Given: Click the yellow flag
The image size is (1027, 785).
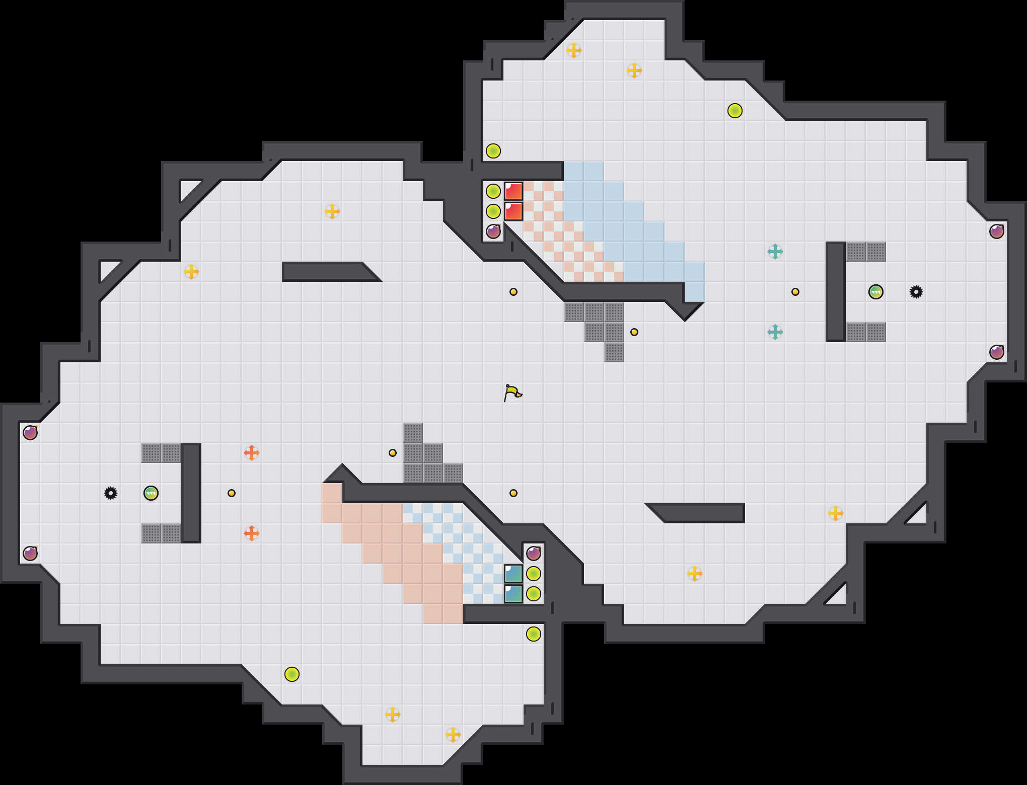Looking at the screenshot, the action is tap(512, 392).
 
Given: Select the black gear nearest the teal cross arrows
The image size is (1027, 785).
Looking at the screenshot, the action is tap(916, 292).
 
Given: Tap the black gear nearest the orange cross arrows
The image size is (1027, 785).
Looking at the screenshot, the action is tap(111, 493).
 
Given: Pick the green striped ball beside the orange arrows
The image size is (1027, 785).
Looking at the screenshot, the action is tap(151, 493).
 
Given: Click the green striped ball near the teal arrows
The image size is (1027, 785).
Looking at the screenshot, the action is tap(876, 292).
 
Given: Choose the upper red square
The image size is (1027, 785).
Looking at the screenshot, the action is tap(513, 191).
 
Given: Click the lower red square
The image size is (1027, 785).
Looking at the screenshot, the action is tap(513, 211).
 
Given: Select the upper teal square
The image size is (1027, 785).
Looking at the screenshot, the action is tap(513, 574).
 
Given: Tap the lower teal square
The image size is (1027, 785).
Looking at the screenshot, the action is tap(513, 594).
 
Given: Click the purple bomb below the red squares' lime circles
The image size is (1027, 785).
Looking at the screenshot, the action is tap(493, 231).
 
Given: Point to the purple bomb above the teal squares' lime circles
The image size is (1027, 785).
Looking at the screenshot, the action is tap(534, 554).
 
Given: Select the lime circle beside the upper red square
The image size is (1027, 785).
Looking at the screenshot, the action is tap(493, 191).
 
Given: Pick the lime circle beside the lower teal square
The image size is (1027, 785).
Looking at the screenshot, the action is tap(534, 594).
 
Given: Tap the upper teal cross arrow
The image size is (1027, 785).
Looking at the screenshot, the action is tap(775, 252).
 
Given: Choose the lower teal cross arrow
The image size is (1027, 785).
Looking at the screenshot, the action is tap(775, 332).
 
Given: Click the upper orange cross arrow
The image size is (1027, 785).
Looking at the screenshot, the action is tap(252, 453).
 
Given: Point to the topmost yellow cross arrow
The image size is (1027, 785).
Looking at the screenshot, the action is tap(574, 50).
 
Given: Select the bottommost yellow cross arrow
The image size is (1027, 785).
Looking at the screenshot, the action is tap(453, 735).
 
